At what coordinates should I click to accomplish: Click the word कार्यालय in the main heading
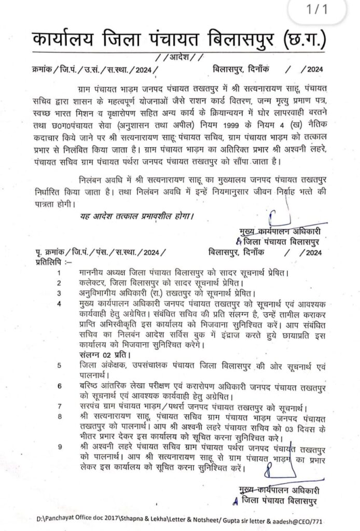click(60, 40)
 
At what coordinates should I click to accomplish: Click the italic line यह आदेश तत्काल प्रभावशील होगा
click(140, 214)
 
